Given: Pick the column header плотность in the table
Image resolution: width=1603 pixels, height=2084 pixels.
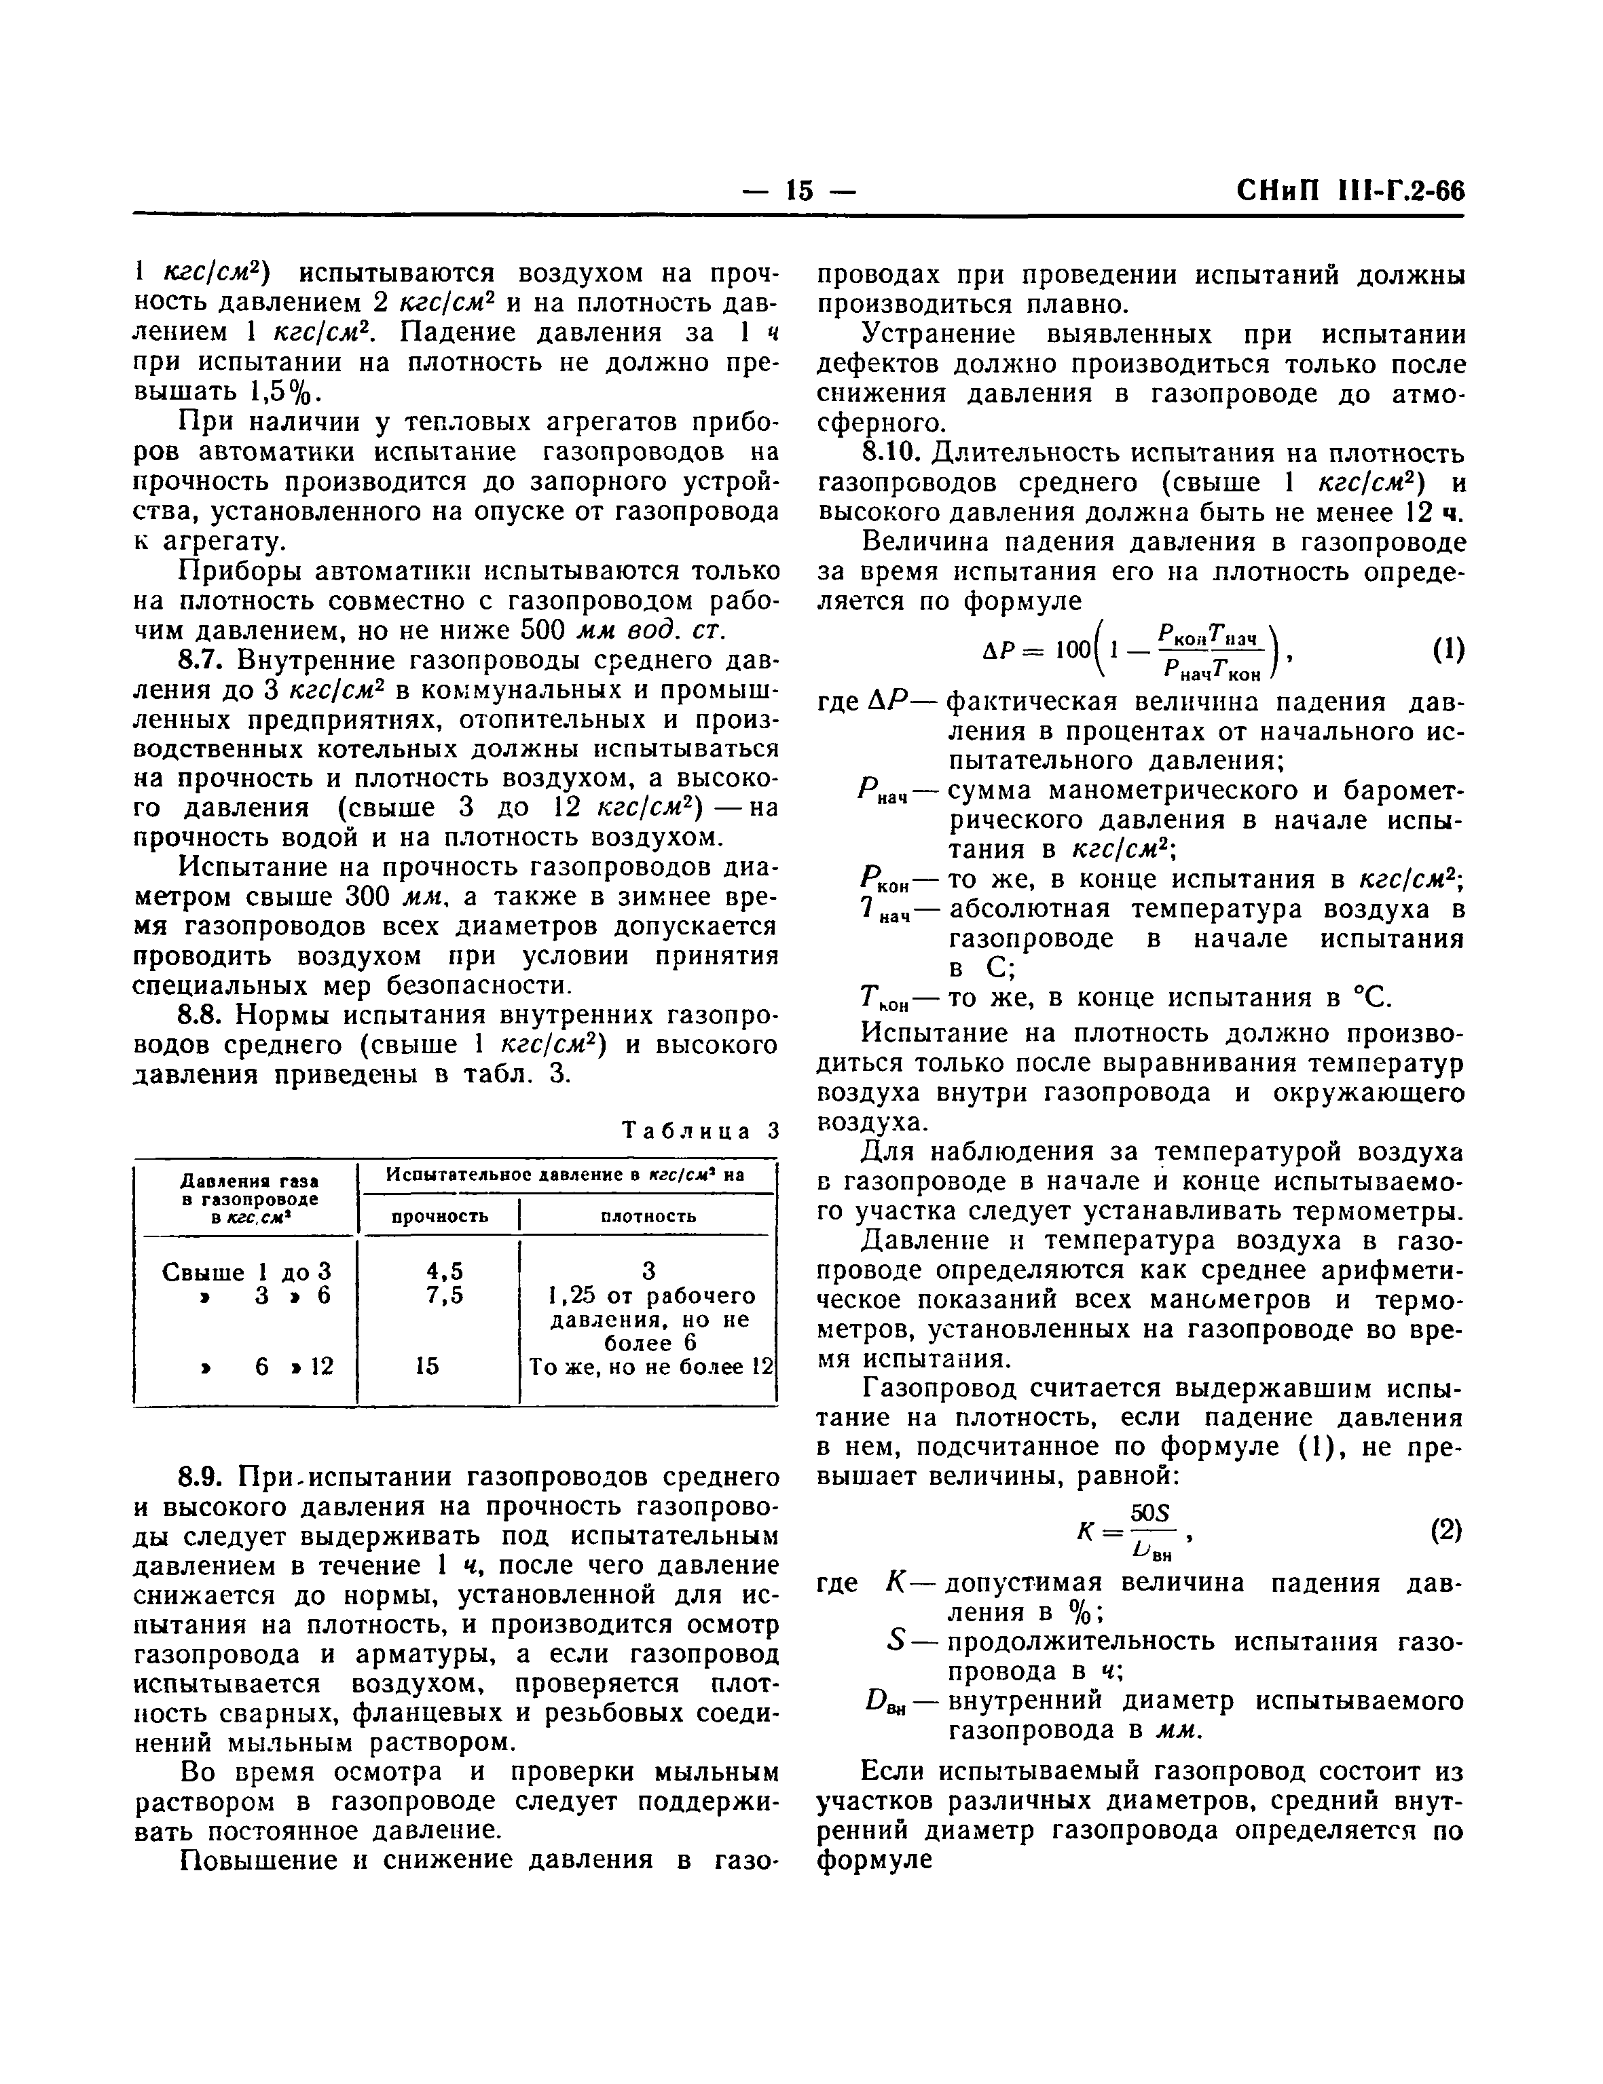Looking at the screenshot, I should (x=648, y=1216).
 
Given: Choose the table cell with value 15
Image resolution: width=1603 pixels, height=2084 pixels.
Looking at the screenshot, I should (x=428, y=1367).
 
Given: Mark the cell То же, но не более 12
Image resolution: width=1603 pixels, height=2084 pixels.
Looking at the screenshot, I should (x=649, y=1367).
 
